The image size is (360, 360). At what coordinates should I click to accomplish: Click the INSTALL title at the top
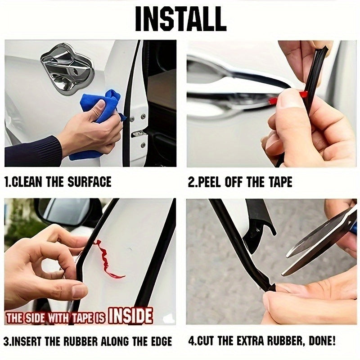coord(180,18)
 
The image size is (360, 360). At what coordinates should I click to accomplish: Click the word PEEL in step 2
coord(211,182)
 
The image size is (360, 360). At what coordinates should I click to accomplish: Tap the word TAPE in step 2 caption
coord(279,182)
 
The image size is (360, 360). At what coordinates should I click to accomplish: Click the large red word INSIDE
coord(130,316)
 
